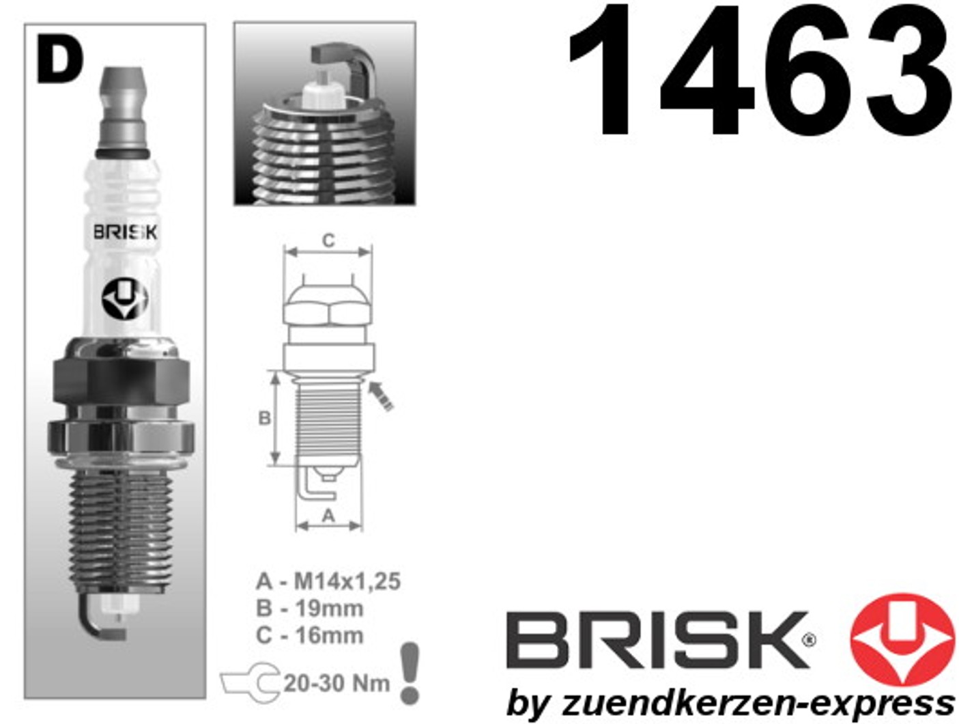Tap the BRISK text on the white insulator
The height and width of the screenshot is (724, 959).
pos(126,232)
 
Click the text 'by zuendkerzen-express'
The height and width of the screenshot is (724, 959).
pos(730,704)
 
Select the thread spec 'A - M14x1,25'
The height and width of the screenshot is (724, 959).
pos(328,581)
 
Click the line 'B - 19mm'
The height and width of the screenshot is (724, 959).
pos(310,609)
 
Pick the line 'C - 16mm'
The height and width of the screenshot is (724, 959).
pos(310,635)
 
